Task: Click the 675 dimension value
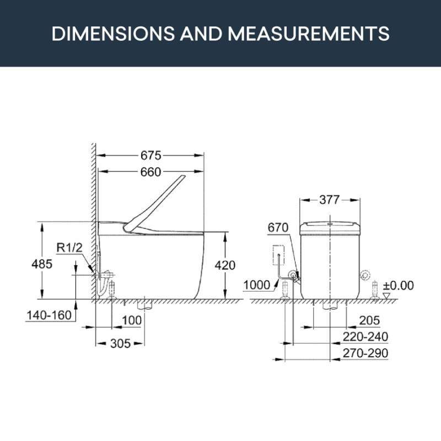[150, 155]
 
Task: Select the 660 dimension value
[150, 172]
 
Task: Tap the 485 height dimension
[42, 264]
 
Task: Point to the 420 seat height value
[225, 265]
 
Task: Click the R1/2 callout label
[69, 248]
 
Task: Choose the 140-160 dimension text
[49, 315]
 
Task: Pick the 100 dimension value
[132, 320]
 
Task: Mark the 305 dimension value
[120, 343]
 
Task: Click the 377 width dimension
[330, 200]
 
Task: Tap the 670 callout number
[278, 228]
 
